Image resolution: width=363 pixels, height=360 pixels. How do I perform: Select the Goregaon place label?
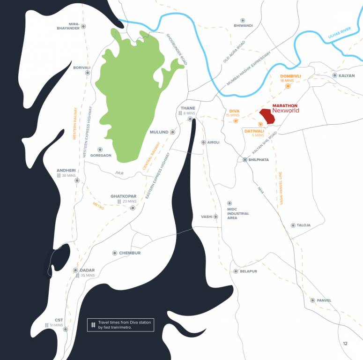101,155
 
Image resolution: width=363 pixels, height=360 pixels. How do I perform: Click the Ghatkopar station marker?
133,208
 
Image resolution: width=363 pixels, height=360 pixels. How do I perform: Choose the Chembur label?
130,253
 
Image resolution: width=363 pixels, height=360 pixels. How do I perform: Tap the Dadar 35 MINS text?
88,276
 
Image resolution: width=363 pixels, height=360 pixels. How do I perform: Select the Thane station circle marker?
191,119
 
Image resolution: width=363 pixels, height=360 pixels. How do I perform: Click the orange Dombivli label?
290,76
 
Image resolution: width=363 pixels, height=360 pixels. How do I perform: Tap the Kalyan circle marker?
335,75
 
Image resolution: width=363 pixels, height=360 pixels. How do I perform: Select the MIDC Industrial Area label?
238,214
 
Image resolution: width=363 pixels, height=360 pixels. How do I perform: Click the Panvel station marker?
312,300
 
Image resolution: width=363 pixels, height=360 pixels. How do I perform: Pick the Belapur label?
249,271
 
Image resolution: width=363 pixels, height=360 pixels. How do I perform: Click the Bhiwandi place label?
243,25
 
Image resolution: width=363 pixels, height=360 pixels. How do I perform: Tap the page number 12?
345,344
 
